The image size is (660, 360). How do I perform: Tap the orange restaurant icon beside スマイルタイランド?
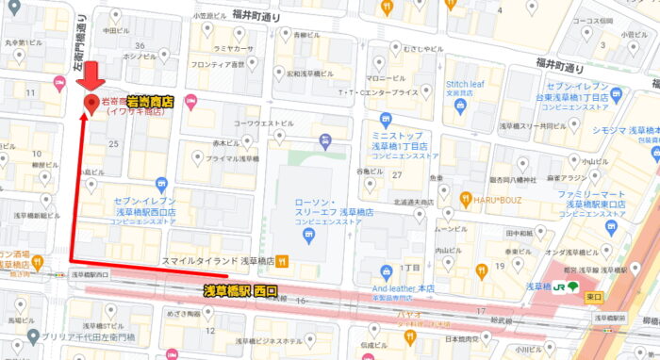(x=282, y=261)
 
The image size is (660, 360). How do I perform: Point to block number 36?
(x=140, y=45)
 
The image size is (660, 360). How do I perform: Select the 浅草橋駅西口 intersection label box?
(x=89, y=275)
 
